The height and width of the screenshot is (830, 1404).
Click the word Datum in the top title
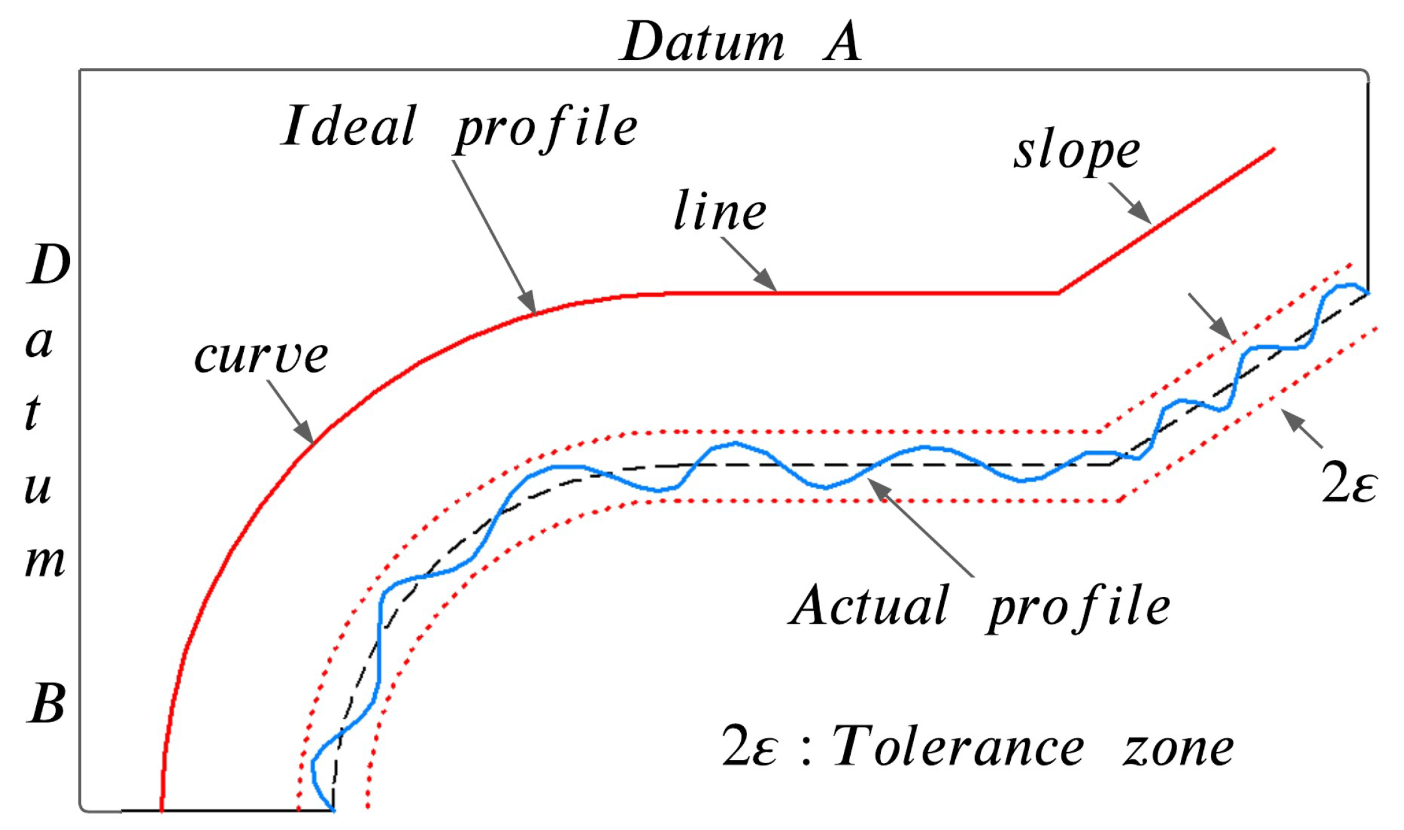pyautogui.click(x=703, y=42)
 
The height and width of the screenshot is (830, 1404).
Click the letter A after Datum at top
pyautogui.click(x=843, y=42)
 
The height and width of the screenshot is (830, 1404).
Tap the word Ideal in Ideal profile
pyautogui.click(x=349, y=126)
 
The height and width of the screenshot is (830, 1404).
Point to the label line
pyautogui.click(x=720, y=211)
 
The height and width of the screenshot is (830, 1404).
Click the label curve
pyautogui.click(x=261, y=356)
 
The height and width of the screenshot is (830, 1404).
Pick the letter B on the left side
pyautogui.click(x=46, y=704)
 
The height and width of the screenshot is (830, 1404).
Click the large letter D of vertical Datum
pyautogui.click(x=49, y=265)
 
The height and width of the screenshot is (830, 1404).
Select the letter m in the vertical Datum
pyautogui.click(x=44, y=561)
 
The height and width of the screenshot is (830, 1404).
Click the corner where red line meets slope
pyautogui.click(x=1058, y=292)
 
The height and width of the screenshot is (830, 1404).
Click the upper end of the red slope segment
pyautogui.click(x=1273, y=149)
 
